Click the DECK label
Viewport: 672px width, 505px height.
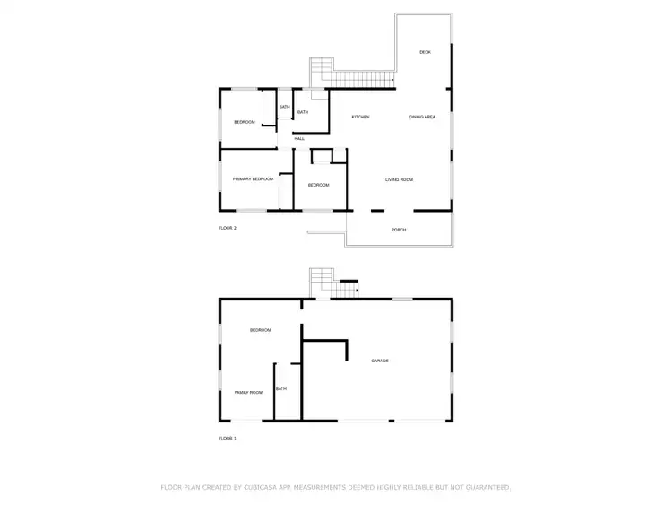coord(426,52)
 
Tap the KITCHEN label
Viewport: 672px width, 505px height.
coord(360,118)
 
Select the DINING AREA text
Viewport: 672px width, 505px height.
coord(423,118)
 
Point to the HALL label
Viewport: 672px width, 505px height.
coord(299,138)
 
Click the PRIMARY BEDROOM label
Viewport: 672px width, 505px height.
coord(253,179)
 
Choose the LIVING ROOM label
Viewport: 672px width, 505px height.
coord(400,180)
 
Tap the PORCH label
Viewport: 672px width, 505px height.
coord(399,230)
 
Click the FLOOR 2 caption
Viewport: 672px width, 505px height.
coord(228,228)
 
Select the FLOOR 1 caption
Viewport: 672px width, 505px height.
coord(228,438)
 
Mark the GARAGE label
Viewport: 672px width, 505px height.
coord(380,361)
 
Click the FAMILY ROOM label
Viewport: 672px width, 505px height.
coord(248,393)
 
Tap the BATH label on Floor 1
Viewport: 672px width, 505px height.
coord(281,388)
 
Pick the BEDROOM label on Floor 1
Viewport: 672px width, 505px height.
coord(260,330)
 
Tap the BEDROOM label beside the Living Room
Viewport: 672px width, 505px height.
coord(319,185)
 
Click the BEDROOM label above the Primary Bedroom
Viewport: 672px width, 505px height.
coord(246,122)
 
